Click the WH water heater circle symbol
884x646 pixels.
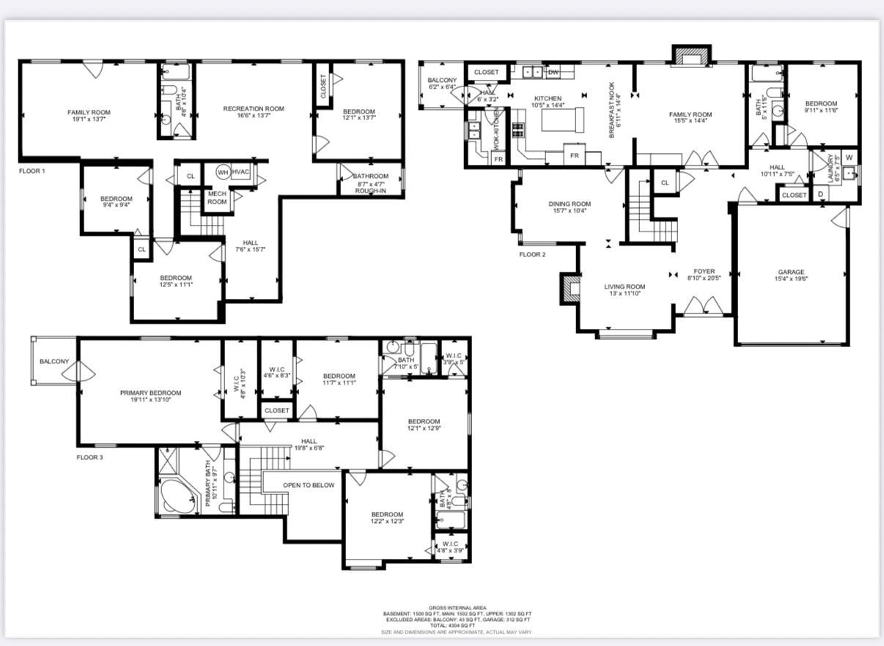[x=222, y=172]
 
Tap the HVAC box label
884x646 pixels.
[x=242, y=172]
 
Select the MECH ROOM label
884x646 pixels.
[x=217, y=198]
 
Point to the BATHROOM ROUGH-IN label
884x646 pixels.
[x=370, y=184]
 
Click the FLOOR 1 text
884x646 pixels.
[x=32, y=171]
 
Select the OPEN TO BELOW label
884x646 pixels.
[x=309, y=485]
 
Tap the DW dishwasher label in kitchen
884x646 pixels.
[x=553, y=72]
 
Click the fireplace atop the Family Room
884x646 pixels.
[x=692, y=56]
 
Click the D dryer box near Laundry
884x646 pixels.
[x=819, y=195]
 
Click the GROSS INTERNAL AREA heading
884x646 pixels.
[x=457, y=608]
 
